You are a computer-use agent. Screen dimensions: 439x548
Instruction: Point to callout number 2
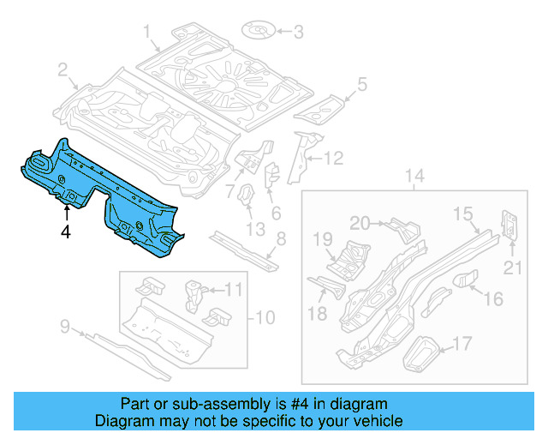click(x=63, y=69)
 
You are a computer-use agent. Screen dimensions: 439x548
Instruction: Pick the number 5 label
click(x=362, y=83)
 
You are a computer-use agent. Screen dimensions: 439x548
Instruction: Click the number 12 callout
click(x=333, y=158)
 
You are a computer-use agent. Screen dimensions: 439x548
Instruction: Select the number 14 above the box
click(x=414, y=177)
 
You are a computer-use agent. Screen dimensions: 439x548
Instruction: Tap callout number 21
click(x=512, y=268)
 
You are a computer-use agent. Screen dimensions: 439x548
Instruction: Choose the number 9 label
click(x=65, y=325)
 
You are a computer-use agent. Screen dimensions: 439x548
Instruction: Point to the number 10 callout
click(x=265, y=318)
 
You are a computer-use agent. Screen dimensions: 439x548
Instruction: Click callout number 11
click(x=234, y=290)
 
